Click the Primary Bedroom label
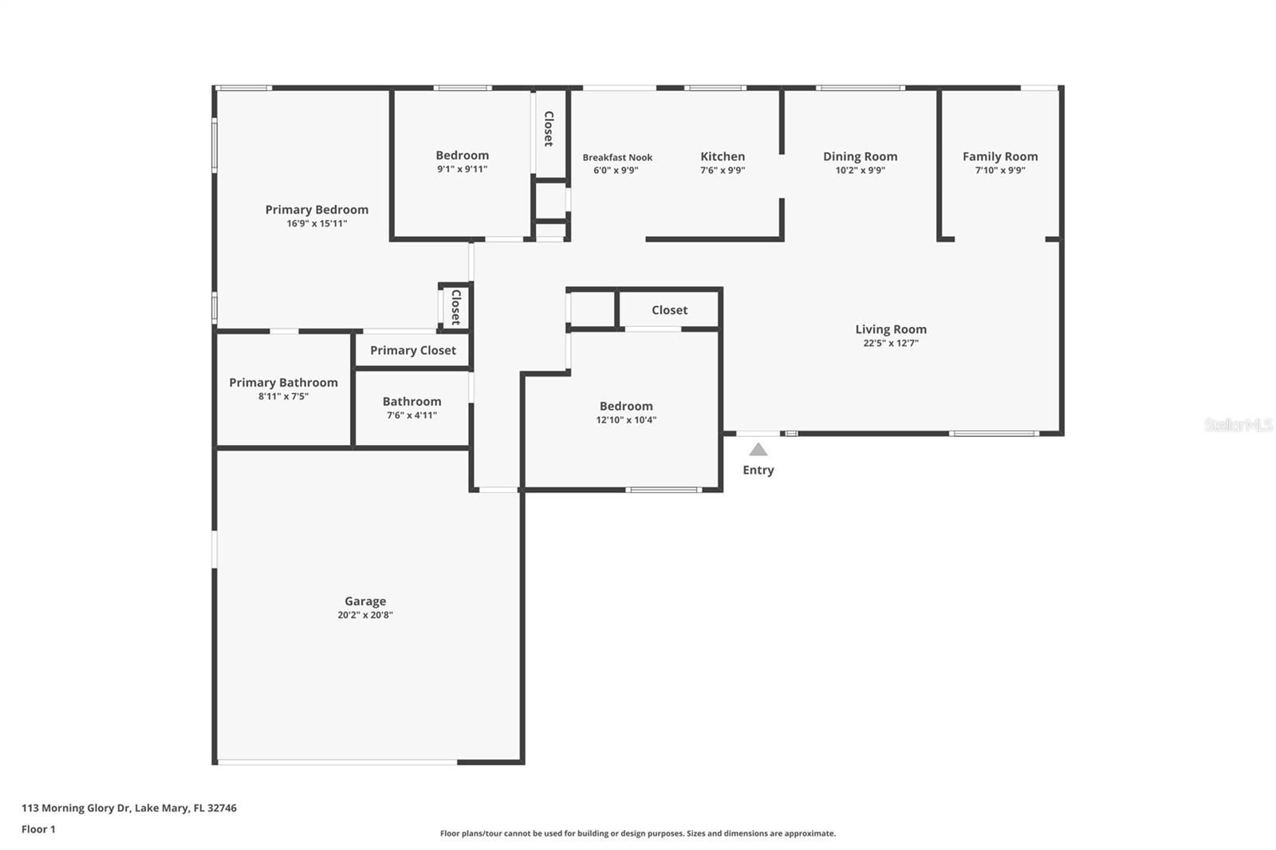click(317, 210)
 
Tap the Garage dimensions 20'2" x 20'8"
click(364, 615)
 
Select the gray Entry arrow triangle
click(758, 450)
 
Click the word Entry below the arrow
click(758, 470)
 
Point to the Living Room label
click(890, 329)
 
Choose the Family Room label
click(999, 157)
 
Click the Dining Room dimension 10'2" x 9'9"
click(860, 170)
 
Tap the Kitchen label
click(723, 157)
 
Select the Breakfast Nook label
click(617, 158)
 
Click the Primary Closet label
click(412, 350)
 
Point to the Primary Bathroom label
click(283, 383)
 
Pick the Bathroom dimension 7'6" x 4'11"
click(412, 415)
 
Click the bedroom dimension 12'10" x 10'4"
click(626, 419)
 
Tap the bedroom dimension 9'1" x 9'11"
click(462, 169)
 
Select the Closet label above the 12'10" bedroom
click(669, 310)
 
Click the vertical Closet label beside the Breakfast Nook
click(549, 128)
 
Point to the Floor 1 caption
click(38, 829)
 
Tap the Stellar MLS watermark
click(1238, 425)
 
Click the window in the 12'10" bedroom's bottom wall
click(663, 490)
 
